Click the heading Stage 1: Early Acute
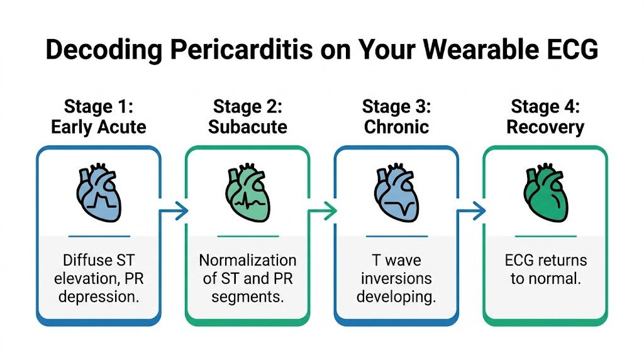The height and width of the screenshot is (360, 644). pyautogui.click(x=99, y=116)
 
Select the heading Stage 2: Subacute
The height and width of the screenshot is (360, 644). pyautogui.click(x=247, y=116)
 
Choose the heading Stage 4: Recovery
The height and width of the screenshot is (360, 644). pyautogui.click(x=545, y=116)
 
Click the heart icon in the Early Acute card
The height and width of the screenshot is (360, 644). pyautogui.click(x=99, y=194)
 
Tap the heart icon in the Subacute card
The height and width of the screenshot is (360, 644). pyautogui.click(x=247, y=194)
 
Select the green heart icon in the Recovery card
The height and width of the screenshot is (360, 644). pyautogui.click(x=545, y=194)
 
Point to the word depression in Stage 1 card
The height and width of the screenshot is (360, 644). pyautogui.click(x=99, y=296)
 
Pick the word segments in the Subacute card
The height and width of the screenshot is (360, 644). pyautogui.click(x=247, y=296)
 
